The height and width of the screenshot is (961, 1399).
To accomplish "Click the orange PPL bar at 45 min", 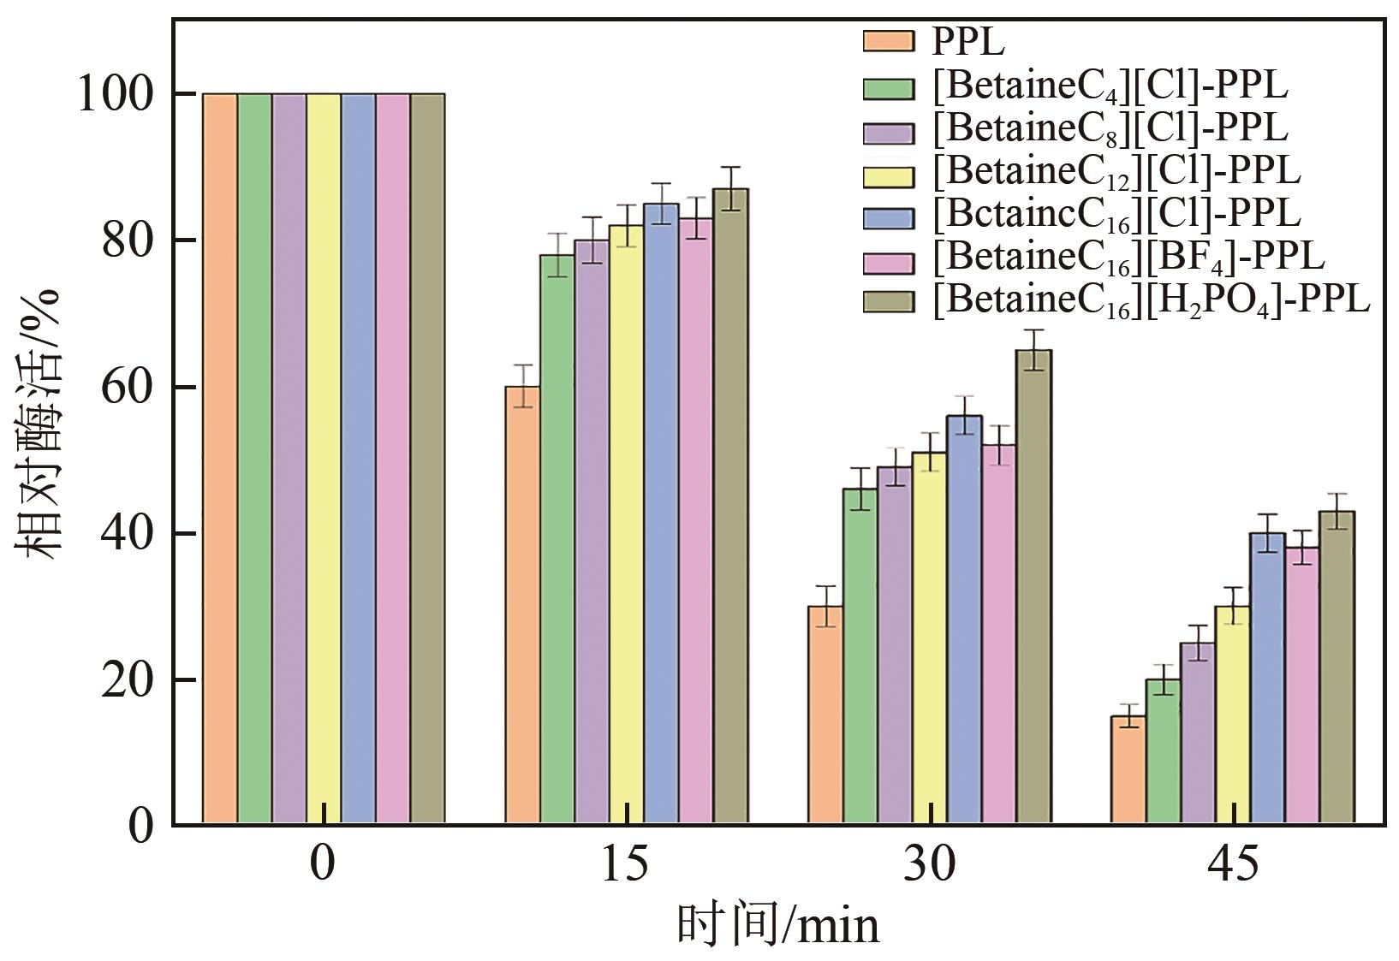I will click(x=1128, y=769).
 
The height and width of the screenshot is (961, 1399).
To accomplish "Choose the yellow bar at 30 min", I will click(x=929, y=638).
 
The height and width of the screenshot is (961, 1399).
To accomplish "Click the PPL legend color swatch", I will click(x=888, y=41).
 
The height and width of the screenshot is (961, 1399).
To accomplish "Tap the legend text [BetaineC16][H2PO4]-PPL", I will click(x=1151, y=300).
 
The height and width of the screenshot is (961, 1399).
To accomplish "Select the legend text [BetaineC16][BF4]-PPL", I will click(x=1128, y=257).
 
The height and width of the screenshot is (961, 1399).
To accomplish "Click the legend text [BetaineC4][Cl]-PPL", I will click(x=1110, y=86).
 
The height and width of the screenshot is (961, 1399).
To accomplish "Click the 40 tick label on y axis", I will click(x=127, y=534).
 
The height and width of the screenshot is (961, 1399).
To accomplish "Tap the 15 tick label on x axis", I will click(x=626, y=864).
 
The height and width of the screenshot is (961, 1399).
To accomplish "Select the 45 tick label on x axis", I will click(x=1233, y=864).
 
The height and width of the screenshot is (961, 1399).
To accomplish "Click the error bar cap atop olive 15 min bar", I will click(x=730, y=167).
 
